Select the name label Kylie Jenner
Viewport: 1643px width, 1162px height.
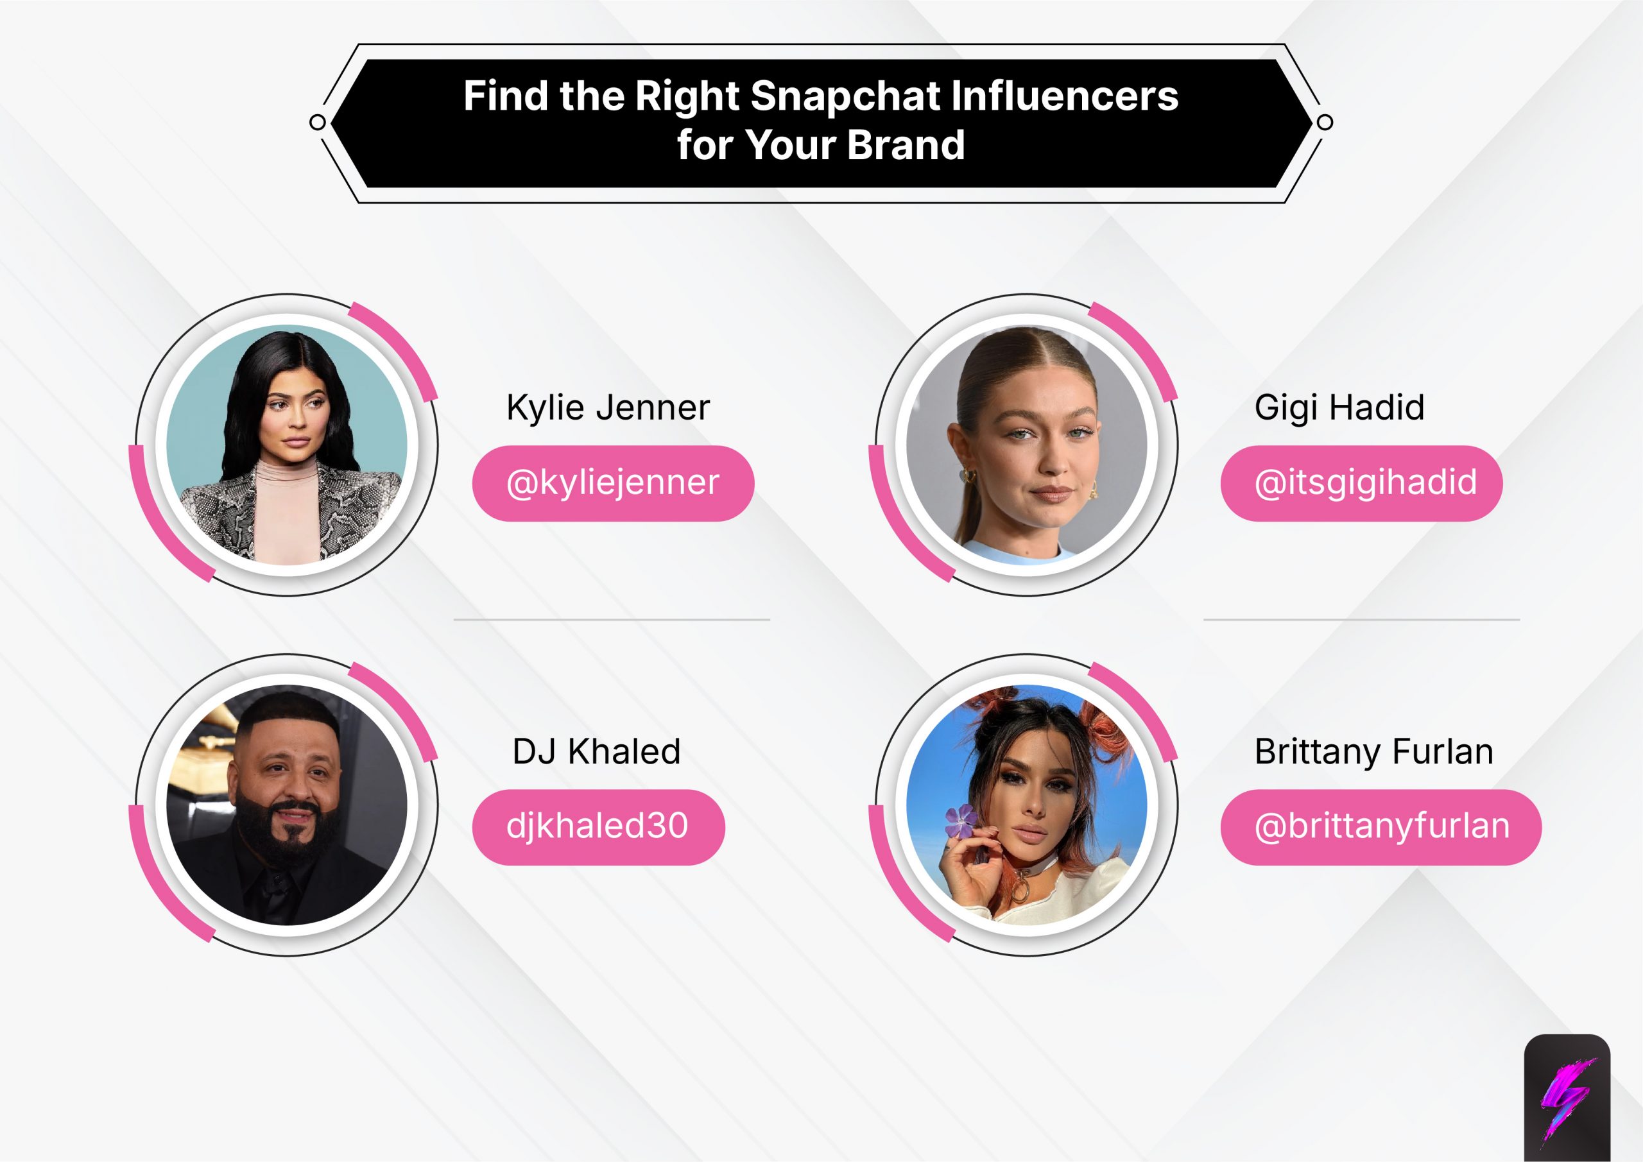click(608, 407)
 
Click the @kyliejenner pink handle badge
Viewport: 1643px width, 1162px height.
click(612, 483)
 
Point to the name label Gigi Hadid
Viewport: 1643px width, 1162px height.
click(1339, 407)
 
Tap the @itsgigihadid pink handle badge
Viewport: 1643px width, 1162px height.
click(1361, 483)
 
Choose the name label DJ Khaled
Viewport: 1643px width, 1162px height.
click(596, 751)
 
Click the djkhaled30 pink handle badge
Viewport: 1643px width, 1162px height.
click(598, 826)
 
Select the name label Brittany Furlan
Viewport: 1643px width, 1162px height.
click(1374, 751)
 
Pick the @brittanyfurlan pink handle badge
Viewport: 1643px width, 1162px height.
click(1381, 826)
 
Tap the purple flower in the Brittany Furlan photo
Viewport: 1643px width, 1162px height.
click(961, 821)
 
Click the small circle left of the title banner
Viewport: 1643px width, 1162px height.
click(318, 123)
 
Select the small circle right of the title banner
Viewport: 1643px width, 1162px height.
click(1325, 123)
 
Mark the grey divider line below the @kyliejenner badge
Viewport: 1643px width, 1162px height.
click(612, 620)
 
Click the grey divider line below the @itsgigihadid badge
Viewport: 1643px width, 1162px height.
click(1361, 620)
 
